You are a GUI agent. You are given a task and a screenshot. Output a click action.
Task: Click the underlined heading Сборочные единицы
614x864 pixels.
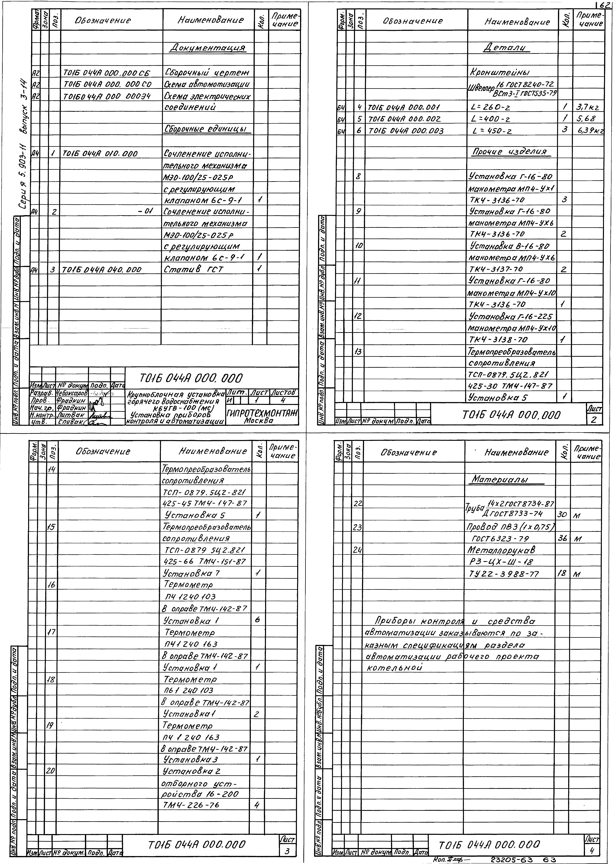(207, 129)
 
